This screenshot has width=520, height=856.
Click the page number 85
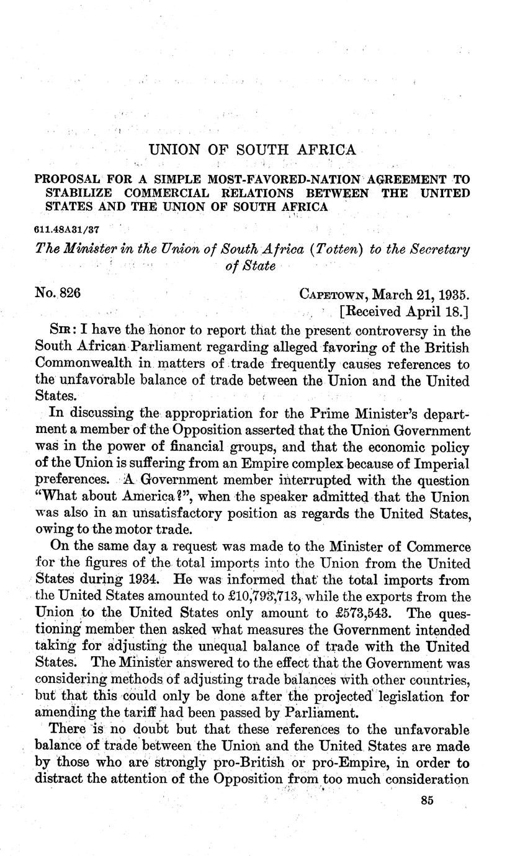[x=426, y=800]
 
